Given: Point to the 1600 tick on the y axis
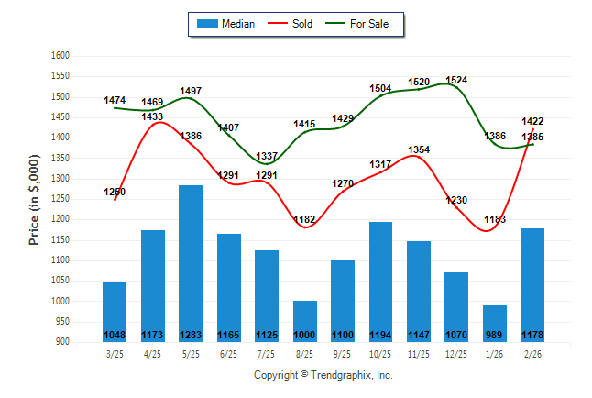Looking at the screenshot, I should pos(60,56).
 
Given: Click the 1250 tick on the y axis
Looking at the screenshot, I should pos(60,199).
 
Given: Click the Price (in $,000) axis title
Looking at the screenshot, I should pos(34,199).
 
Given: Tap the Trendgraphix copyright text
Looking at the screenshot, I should pos(323,376).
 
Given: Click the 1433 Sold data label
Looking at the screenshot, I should pos(152,116).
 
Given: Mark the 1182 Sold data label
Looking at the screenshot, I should pos(304,219).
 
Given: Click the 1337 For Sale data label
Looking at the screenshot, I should pos(267,156).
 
